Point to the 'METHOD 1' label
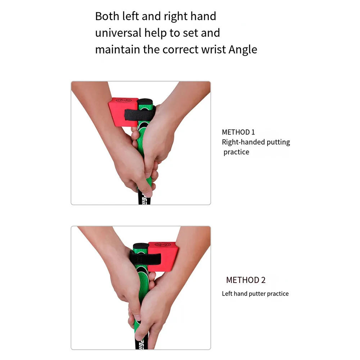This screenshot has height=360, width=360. point(238,132)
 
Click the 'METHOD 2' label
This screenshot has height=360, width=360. point(246,280)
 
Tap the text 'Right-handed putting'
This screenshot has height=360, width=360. point(256,142)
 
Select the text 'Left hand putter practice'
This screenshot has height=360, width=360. point(255,294)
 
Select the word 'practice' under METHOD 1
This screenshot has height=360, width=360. point(236,152)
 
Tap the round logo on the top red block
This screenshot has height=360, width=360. point(124,102)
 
